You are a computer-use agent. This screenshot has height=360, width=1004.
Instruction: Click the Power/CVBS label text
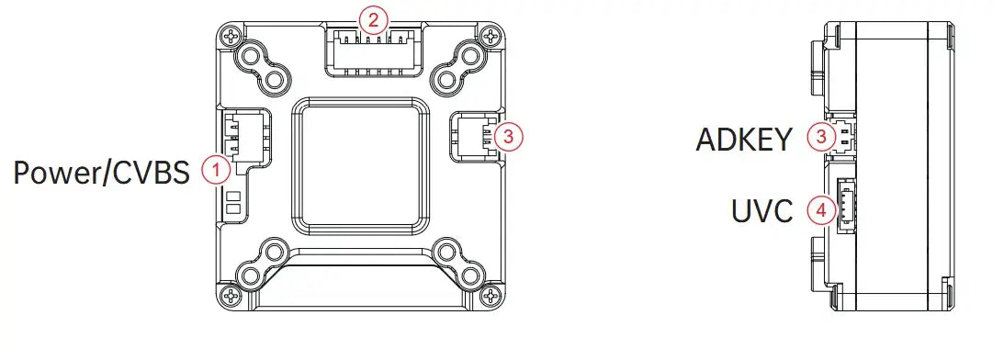pyautogui.click(x=102, y=173)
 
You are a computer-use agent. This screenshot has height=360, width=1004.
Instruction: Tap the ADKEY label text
pyautogui.click(x=744, y=140)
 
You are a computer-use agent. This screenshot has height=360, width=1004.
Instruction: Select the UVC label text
pyautogui.click(x=762, y=211)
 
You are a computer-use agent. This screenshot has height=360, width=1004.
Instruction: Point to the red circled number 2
pyautogui.click(x=373, y=19)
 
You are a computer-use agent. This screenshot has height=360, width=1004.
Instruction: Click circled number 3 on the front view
pyautogui.click(x=508, y=137)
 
